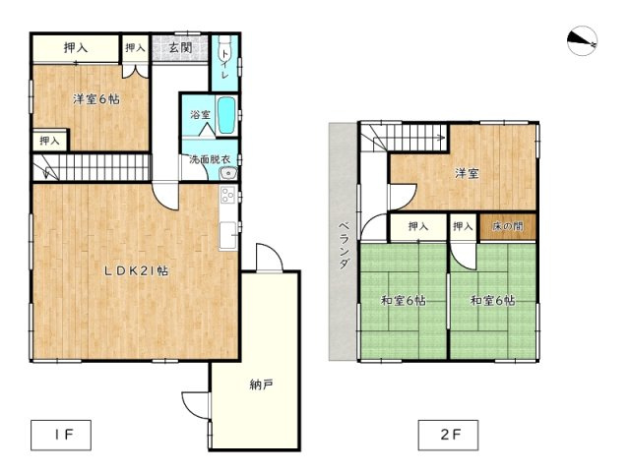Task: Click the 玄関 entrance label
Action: tap(179, 46)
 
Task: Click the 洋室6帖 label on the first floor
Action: tap(95, 99)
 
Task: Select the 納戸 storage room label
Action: tap(261, 384)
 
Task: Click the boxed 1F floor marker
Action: tap(59, 432)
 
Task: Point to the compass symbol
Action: tap(583, 40)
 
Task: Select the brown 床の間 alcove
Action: tap(507, 227)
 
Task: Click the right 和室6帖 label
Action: tap(492, 300)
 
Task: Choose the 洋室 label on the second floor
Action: tap(467, 174)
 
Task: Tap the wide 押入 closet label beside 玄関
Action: tap(76, 46)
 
